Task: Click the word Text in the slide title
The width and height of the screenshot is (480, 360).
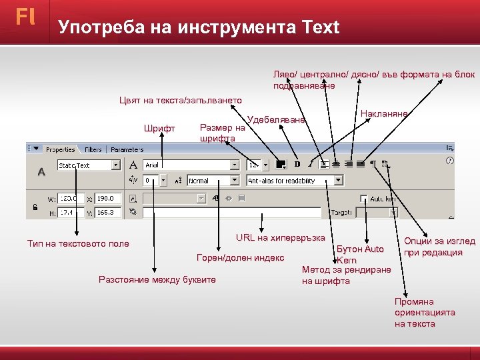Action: pos(321,27)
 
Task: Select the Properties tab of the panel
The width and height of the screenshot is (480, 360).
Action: pos(60,150)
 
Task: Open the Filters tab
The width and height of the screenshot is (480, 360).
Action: pos(93,150)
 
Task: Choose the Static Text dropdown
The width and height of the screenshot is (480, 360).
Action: pos(88,165)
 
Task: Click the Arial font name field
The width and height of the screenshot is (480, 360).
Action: pos(190,165)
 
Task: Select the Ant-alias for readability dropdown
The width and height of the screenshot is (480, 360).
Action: pos(294,181)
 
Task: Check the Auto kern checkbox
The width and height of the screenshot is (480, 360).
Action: pos(363,198)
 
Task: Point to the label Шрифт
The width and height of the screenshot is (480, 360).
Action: pos(159,129)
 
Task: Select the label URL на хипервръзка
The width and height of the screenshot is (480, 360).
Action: pos(280,238)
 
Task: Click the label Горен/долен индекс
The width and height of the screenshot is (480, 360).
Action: pos(241,258)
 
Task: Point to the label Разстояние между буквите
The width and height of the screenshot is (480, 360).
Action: pos(157,279)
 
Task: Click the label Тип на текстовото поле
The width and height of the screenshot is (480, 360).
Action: pos(78,244)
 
